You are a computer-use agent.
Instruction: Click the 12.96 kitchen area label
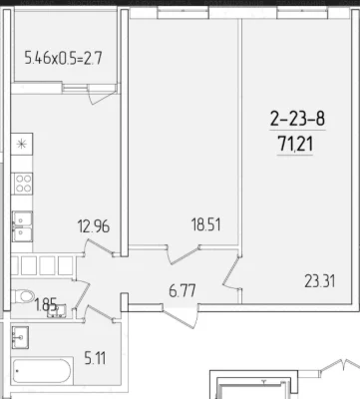click(x=94, y=226)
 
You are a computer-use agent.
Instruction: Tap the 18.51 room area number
click(x=206, y=224)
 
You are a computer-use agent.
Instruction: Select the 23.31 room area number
click(x=320, y=281)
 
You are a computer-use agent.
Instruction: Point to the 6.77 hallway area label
click(x=182, y=291)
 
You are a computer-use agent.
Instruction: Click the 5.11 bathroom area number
click(x=95, y=359)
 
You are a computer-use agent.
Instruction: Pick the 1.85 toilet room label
click(x=45, y=304)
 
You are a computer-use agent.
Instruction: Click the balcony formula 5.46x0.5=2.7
click(x=63, y=59)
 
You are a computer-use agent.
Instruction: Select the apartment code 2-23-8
click(x=297, y=119)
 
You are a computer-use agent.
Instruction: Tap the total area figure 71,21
click(x=296, y=145)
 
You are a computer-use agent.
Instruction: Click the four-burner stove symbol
click(x=23, y=184)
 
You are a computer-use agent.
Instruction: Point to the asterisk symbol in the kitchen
click(x=22, y=144)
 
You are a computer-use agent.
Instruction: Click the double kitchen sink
click(x=22, y=226)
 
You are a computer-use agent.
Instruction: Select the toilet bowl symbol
click(x=23, y=295)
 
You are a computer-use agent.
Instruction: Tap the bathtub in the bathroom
click(x=43, y=371)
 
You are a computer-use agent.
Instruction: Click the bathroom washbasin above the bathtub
click(x=20, y=337)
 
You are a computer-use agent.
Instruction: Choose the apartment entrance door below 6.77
click(x=180, y=316)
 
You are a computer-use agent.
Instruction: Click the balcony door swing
click(x=100, y=95)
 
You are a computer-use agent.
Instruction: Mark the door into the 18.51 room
click(x=183, y=254)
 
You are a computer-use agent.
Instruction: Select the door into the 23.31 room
click(x=231, y=271)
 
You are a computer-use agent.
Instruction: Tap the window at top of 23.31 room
click(x=302, y=14)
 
